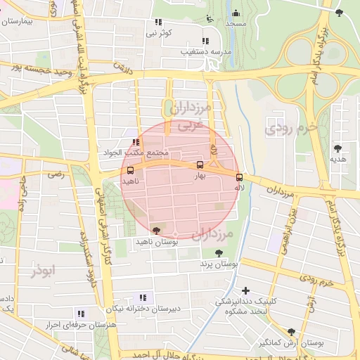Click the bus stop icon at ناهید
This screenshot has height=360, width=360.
[x=131, y=170]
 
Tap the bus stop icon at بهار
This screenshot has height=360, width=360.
[x=200, y=166]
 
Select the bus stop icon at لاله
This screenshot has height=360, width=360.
[x=239, y=177]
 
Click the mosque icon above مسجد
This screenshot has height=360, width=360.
[x=236, y=13]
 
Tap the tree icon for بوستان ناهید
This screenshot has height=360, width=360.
[x=155, y=230]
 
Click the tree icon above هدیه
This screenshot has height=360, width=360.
[x=339, y=148]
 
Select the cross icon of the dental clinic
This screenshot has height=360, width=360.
[x=245, y=290]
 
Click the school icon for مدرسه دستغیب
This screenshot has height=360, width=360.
[x=205, y=41]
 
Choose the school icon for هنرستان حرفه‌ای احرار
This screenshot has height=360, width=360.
[x=81, y=314]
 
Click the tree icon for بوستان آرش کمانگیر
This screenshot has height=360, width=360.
[x=291, y=332]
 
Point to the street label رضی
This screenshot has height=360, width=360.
[x=55, y=174]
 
